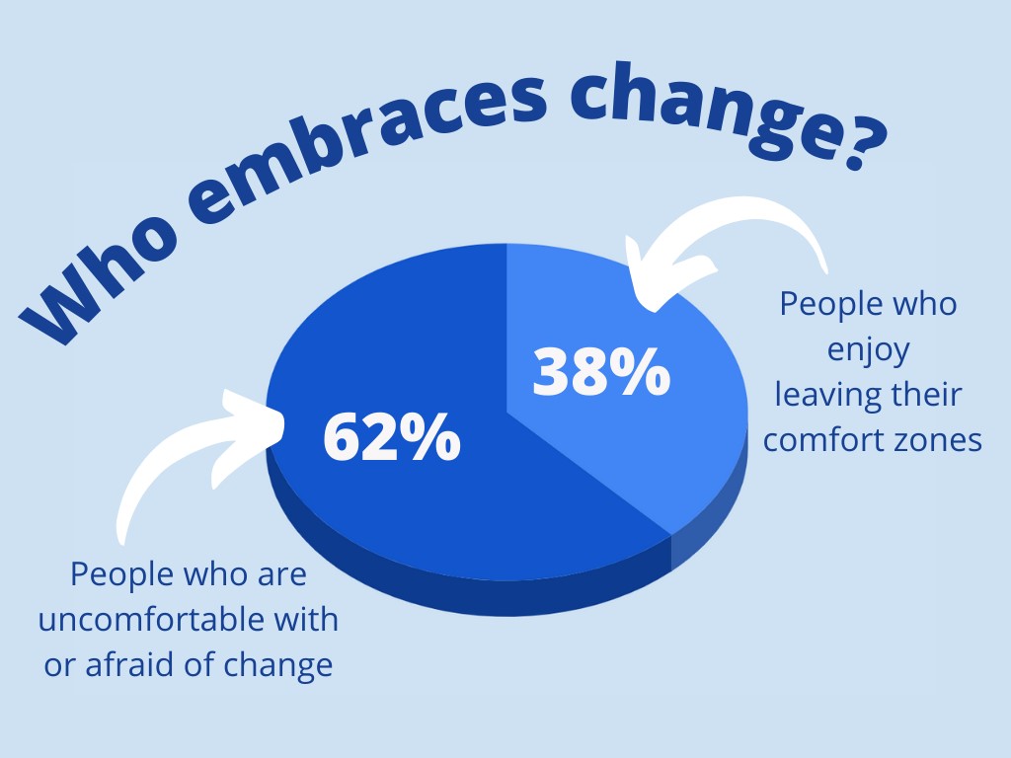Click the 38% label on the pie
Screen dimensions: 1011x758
coord(601,371)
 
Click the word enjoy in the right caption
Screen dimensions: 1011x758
coord(869,351)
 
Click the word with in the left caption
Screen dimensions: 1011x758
coord(306,620)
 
